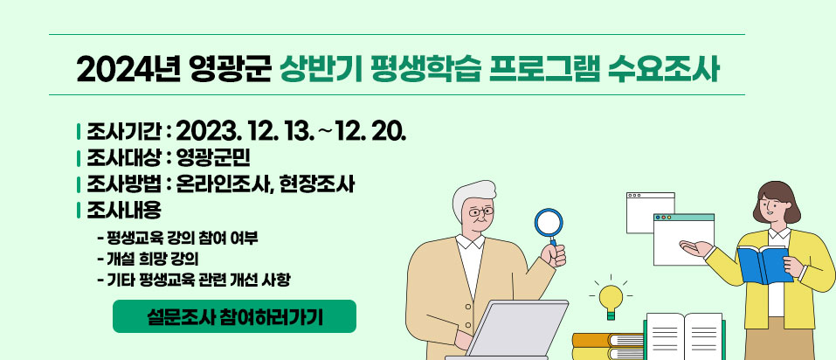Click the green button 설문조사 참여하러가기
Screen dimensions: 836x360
234,316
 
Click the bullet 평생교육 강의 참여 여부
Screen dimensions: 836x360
178,237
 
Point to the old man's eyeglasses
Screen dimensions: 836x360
481,212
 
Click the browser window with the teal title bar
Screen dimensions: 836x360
683,239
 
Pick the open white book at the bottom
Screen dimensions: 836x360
684,336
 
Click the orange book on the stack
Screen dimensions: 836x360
608,340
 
